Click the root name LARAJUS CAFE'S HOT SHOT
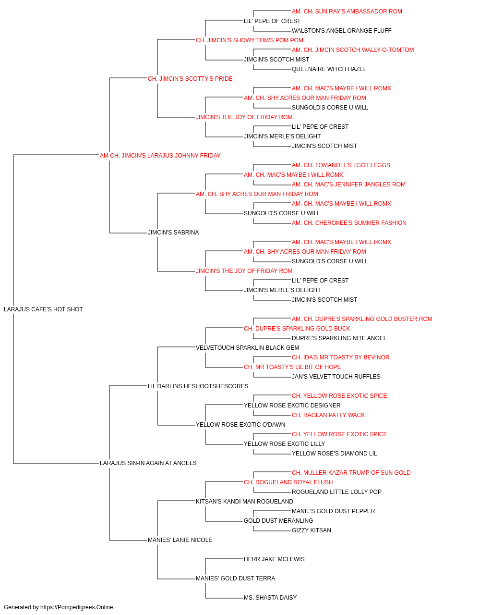click(43, 309)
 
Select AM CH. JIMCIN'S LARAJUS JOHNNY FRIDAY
click(160, 155)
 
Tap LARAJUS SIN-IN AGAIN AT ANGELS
click(148, 463)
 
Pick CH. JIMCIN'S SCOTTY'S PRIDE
click(190, 79)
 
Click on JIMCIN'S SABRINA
click(173, 233)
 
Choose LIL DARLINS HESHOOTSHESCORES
click(198, 386)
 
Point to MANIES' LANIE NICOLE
click(180, 540)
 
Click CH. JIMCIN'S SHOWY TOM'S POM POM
click(250, 40)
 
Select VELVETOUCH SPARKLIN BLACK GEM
click(247, 347)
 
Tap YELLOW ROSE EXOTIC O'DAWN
click(240, 425)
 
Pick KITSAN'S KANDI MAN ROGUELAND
click(244, 501)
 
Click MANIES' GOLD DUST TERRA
click(236, 578)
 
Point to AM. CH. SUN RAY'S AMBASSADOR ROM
click(347, 12)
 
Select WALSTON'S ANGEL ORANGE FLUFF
click(341, 31)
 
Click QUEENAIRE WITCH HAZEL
click(329, 69)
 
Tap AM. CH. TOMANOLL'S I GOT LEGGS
click(341, 165)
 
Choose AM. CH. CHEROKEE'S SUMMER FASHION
click(349, 223)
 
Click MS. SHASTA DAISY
click(270, 597)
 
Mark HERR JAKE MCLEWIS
click(274, 559)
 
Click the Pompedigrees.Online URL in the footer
click(77, 607)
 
